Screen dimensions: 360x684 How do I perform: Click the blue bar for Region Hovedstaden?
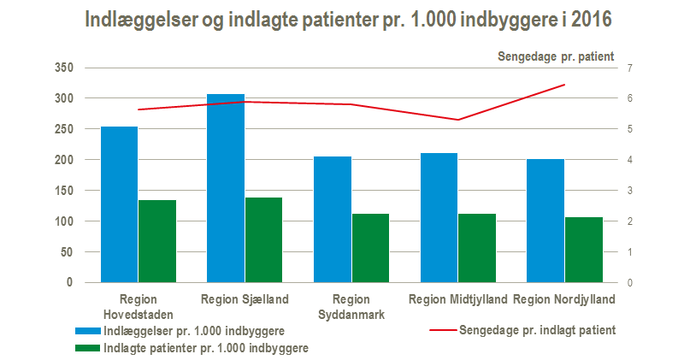tap(119, 204)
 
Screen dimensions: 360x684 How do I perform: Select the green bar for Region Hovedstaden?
tap(157, 241)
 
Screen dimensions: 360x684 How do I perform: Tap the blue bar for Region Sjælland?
tap(226, 188)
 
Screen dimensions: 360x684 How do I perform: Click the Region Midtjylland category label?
tap(458, 299)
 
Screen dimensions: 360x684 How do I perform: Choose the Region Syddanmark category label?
tap(351, 306)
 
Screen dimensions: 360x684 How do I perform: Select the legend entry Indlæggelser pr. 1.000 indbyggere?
tap(194, 330)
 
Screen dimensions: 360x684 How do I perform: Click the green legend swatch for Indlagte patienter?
tap(87, 348)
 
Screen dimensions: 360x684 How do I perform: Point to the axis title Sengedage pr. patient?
tap(556, 57)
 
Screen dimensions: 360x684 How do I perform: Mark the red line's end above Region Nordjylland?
tap(565, 85)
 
